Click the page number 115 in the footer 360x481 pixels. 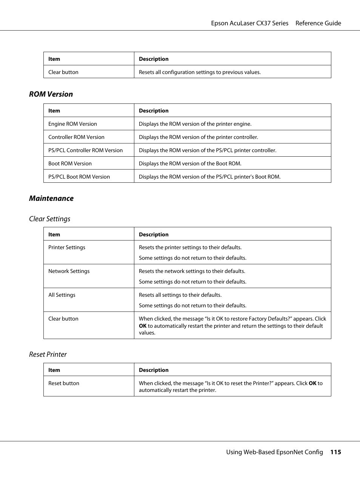click(x=335, y=452)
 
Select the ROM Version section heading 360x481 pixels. click(x=51, y=94)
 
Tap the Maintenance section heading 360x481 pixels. click(x=51, y=199)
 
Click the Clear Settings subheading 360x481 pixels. click(x=49, y=219)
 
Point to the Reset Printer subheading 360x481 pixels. click(x=48, y=355)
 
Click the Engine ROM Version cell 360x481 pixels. click(x=72, y=124)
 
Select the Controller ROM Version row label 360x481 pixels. click(x=76, y=137)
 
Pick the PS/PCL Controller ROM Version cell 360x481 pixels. click(x=85, y=150)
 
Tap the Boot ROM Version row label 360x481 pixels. click(x=70, y=163)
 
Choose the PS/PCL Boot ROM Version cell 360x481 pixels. click(x=79, y=177)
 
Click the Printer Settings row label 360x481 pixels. click(x=67, y=247)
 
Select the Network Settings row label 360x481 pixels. click(x=69, y=271)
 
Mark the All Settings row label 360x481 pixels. click(x=62, y=295)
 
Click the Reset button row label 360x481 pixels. click(x=64, y=383)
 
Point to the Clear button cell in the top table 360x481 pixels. click(x=63, y=72)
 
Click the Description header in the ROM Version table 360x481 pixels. click(x=154, y=111)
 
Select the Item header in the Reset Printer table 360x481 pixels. click(x=54, y=370)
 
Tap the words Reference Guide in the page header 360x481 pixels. click(x=318, y=23)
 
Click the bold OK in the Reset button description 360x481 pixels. click(x=312, y=383)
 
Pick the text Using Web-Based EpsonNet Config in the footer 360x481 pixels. click(x=274, y=452)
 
